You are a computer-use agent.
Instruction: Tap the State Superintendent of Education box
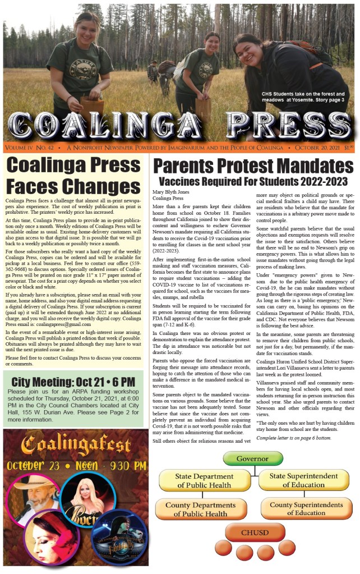pyautogui.click(x=304, y=480)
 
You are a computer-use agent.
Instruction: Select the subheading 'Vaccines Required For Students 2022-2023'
pyautogui.click(x=253, y=181)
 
